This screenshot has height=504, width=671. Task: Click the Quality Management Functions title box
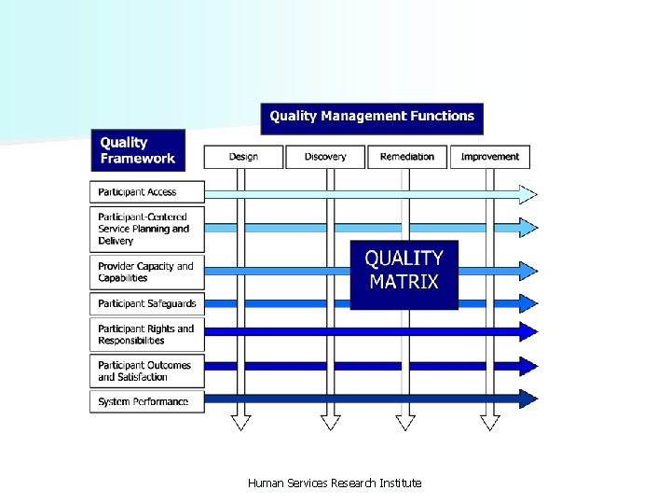coord(372,117)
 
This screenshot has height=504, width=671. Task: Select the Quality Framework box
coord(138,150)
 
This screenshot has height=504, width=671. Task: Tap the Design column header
coord(243,157)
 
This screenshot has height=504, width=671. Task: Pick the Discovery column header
coord(325,157)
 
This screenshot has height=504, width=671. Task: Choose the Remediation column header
coord(407,157)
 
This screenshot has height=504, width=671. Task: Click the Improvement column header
coord(490,157)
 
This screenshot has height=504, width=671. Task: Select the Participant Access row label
coord(146,192)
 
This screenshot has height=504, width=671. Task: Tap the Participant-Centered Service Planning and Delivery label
coord(146,229)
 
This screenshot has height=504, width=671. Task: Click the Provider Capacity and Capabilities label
coord(146,272)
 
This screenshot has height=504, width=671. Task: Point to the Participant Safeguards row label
coord(146,303)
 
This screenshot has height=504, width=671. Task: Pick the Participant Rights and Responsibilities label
coord(146,334)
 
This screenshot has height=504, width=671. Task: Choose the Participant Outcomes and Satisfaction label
coord(146,371)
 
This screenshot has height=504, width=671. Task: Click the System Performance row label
coord(146,401)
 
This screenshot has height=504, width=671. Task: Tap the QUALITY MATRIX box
coord(404,270)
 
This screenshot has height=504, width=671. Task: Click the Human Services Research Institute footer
coord(335,483)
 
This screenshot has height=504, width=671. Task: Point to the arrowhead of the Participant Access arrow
coord(528,194)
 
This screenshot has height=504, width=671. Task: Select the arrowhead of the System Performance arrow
coord(528,399)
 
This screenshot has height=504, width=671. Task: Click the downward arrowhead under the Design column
coord(241,422)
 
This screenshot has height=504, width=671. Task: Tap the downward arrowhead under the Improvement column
coord(490,422)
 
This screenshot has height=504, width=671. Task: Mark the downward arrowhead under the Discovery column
coord(331,422)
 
